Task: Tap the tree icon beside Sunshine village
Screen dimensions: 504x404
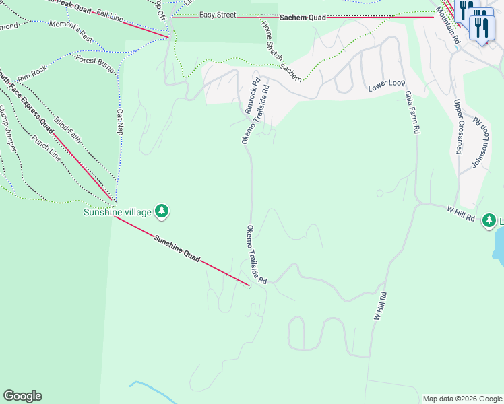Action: pos(161,211)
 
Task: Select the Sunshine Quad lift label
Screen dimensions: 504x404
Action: pos(177,248)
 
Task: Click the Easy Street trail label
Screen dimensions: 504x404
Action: pos(217,15)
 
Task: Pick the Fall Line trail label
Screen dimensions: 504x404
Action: pos(111,14)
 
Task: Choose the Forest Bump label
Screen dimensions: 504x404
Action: pos(94,60)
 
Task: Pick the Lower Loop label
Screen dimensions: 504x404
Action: pos(387,87)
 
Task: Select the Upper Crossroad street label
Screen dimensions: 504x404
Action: pos(459,127)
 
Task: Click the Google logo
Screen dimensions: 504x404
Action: pos(22,396)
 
